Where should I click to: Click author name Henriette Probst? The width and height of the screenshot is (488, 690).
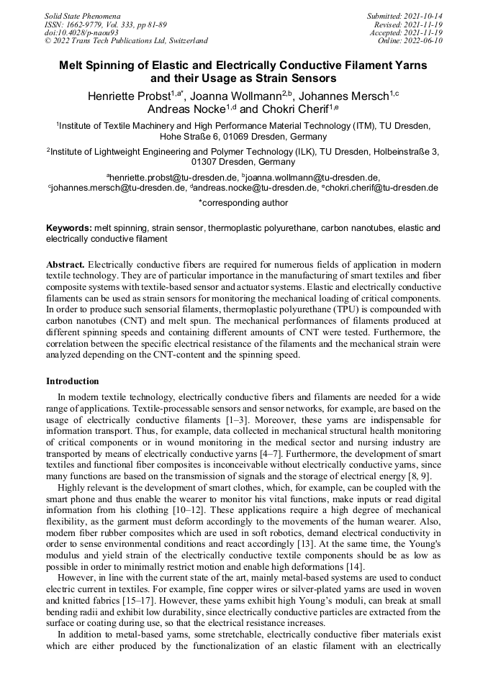click(x=128, y=96)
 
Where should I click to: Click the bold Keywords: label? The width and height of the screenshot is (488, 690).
click(x=68, y=228)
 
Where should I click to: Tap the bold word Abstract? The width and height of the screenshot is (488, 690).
click(x=65, y=265)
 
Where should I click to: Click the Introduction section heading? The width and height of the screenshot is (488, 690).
click(x=73, y=381)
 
